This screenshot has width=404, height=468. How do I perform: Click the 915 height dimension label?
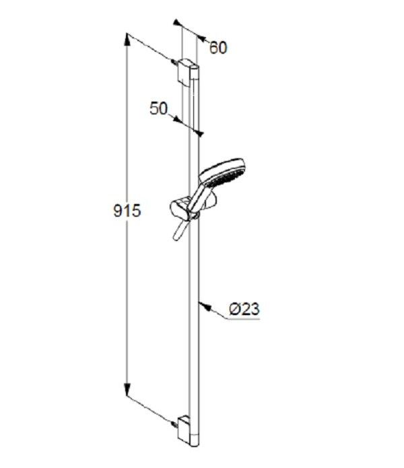pos(127,211)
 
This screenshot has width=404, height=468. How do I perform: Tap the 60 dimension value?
pos(218,47)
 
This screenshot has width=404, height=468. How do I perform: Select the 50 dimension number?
pos(159,108)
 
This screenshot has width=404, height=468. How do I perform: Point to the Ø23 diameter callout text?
pos(244,309)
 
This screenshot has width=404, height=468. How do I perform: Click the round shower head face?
pos(222,172)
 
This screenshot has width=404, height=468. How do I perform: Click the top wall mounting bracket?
pos(184,72)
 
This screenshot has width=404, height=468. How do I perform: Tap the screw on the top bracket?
pos(174,62)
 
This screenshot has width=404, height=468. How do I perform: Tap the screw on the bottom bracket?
pos(174,424)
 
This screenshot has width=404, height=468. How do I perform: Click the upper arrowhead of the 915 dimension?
pos(127,40)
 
